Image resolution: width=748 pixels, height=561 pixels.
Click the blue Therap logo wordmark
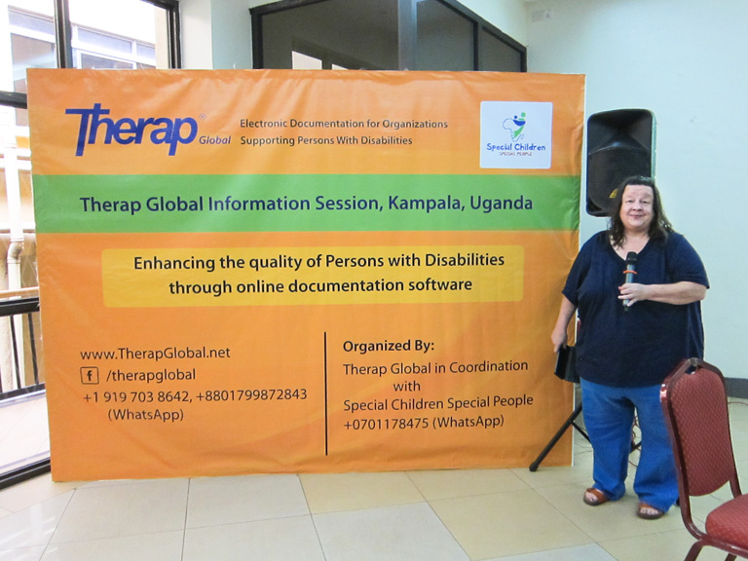(x=131, y=129)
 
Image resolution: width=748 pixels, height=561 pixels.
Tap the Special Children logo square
(x=516, y=134)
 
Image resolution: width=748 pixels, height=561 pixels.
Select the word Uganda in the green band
(x=501, y=203)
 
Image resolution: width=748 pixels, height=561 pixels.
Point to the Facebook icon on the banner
(x=90, y=375)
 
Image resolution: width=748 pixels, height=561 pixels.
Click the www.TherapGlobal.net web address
(x=155, y=353)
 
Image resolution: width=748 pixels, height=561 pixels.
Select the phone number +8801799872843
(x=251, y=395)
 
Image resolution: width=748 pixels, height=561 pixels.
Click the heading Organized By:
(x=389, y=347)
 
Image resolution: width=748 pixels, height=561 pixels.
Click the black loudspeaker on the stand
(x=619, y=162)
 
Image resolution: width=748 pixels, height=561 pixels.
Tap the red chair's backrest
(x=697, y=425)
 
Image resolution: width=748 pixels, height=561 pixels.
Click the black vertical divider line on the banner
(x=326, y=393)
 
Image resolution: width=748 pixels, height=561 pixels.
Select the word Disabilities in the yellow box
(x=465, y=260)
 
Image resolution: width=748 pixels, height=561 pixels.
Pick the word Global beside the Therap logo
(x=214, y=140)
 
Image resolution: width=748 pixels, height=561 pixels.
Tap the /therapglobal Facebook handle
(x=151, y=375)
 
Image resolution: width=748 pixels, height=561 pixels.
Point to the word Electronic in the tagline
(x=263, y=124)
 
